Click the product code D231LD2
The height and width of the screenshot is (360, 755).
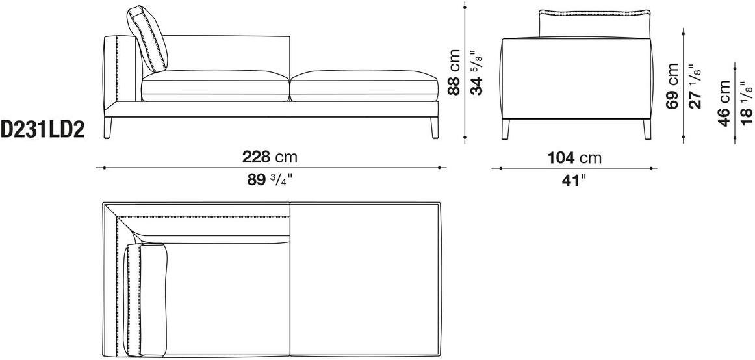point(43,131)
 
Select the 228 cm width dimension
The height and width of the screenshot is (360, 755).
point(270,157)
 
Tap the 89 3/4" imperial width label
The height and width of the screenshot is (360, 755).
point(270,179)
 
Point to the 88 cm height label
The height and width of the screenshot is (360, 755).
point(454,72)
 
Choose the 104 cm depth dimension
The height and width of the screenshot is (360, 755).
point(574,157)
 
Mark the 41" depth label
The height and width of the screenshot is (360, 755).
point(574,180)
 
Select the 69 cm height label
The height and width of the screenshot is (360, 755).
point(672,86)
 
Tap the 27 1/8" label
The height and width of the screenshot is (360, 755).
point(695,86)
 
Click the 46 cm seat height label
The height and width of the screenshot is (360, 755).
point(724,103)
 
